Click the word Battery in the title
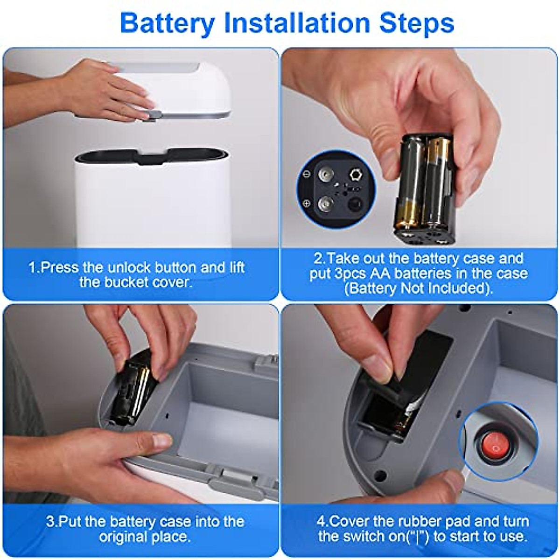(x=168, y=24)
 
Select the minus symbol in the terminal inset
(x=306, y=174)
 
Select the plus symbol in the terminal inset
(x=306, y=203)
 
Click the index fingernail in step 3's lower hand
(x=162, y=441)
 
